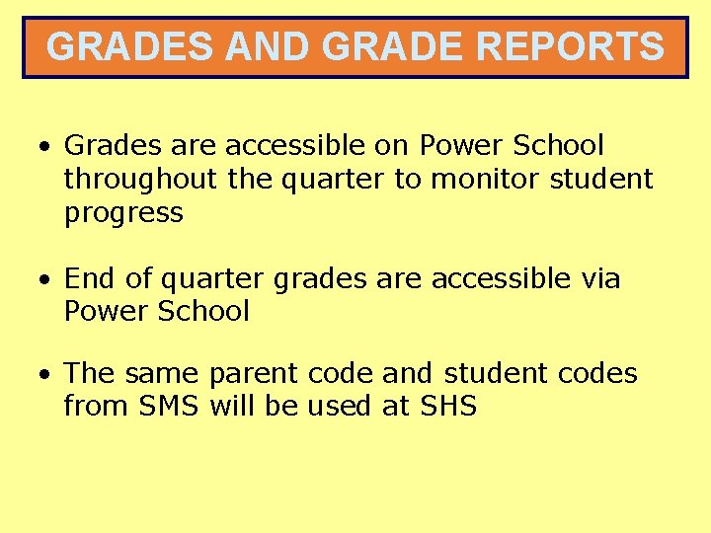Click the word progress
click(x=123, y=213)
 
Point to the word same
click(x=163, y=374)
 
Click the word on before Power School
click(x=391, y=146)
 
